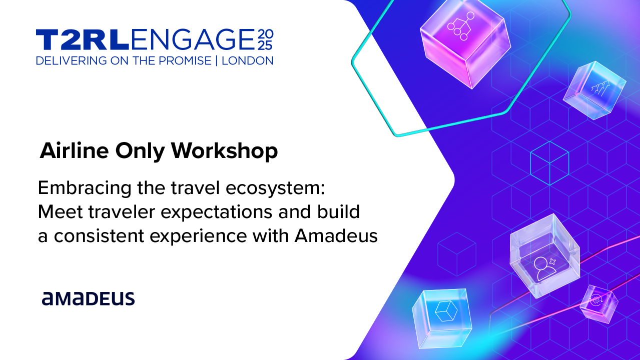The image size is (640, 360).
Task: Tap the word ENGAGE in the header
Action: click(193, 40)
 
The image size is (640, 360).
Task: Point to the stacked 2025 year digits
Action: click(265, 40)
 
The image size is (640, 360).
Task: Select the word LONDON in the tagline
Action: click(248, 61)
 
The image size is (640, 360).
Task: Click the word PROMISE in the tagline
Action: click(184, 61)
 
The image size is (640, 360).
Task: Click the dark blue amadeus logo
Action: click(88, 298)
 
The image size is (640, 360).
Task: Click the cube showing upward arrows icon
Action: click(595, 90)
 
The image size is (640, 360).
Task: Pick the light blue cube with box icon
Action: click(442, 316)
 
